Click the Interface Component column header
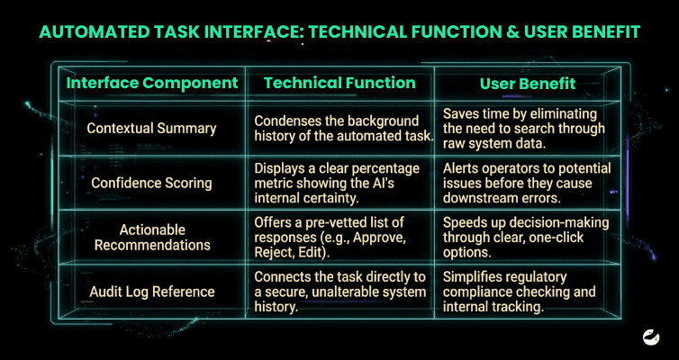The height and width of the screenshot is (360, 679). [x=152, y=83]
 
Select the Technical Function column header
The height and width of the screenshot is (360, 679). [x=339, y=83]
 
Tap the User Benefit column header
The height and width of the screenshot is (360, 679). [x=528, y=83]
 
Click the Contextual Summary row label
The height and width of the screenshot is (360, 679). [x=151, y=129]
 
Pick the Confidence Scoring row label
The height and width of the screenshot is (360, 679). [x=151, y=183]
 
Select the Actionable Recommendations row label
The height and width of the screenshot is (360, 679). [x=152, y=237]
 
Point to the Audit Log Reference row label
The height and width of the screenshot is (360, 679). [x=152, y=292]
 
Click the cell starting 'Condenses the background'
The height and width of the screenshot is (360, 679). [x=344, y=129]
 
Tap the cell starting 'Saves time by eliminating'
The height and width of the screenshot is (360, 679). [x=524, y=129]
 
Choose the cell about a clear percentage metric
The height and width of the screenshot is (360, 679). [x=337, y=183]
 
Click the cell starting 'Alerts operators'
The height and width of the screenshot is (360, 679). [x=527, y=183]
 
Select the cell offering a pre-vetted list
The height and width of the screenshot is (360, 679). [x=332, y=237]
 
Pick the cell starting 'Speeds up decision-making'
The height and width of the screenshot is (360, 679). [x=526, y=237]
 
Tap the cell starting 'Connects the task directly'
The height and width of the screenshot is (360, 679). [x=339, y=292]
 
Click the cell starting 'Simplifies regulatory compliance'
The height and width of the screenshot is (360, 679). [x=520, y=292]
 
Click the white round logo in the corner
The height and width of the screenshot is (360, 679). [x=651, y=337]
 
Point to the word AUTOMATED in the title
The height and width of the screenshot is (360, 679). [x=91, y=32]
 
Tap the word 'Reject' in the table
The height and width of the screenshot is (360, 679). [x=270, y=253]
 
